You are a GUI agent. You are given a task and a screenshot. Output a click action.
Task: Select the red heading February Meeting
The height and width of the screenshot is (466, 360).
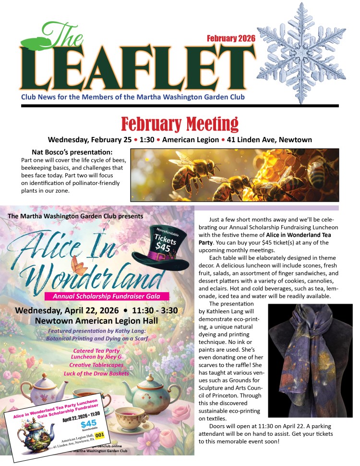point(180,123)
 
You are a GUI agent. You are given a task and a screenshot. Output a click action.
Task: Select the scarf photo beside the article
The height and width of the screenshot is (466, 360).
point(310,360)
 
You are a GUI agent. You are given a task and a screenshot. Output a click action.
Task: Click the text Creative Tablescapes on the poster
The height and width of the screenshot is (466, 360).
point(100,365)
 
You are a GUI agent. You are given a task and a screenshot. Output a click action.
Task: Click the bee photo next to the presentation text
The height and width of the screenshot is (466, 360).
point(235,174)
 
